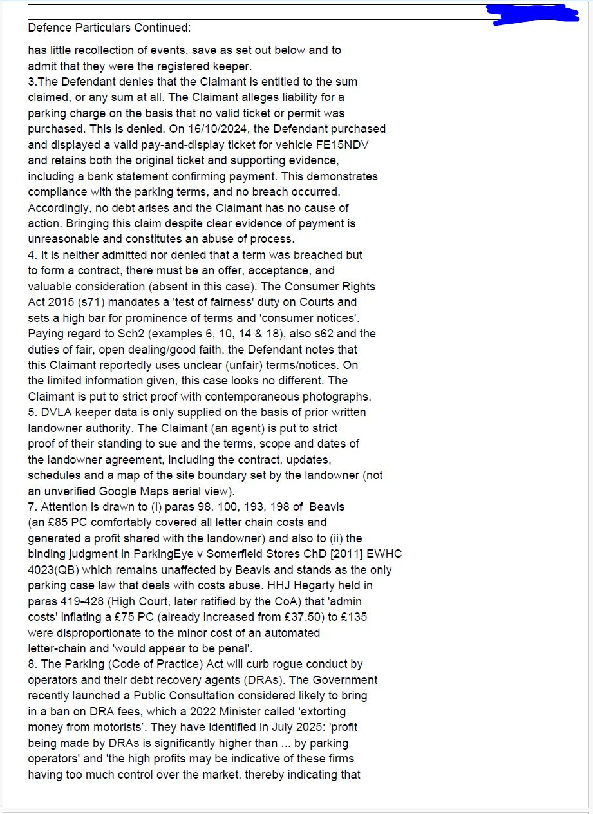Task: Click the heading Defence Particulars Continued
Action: tap(109, 28)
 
